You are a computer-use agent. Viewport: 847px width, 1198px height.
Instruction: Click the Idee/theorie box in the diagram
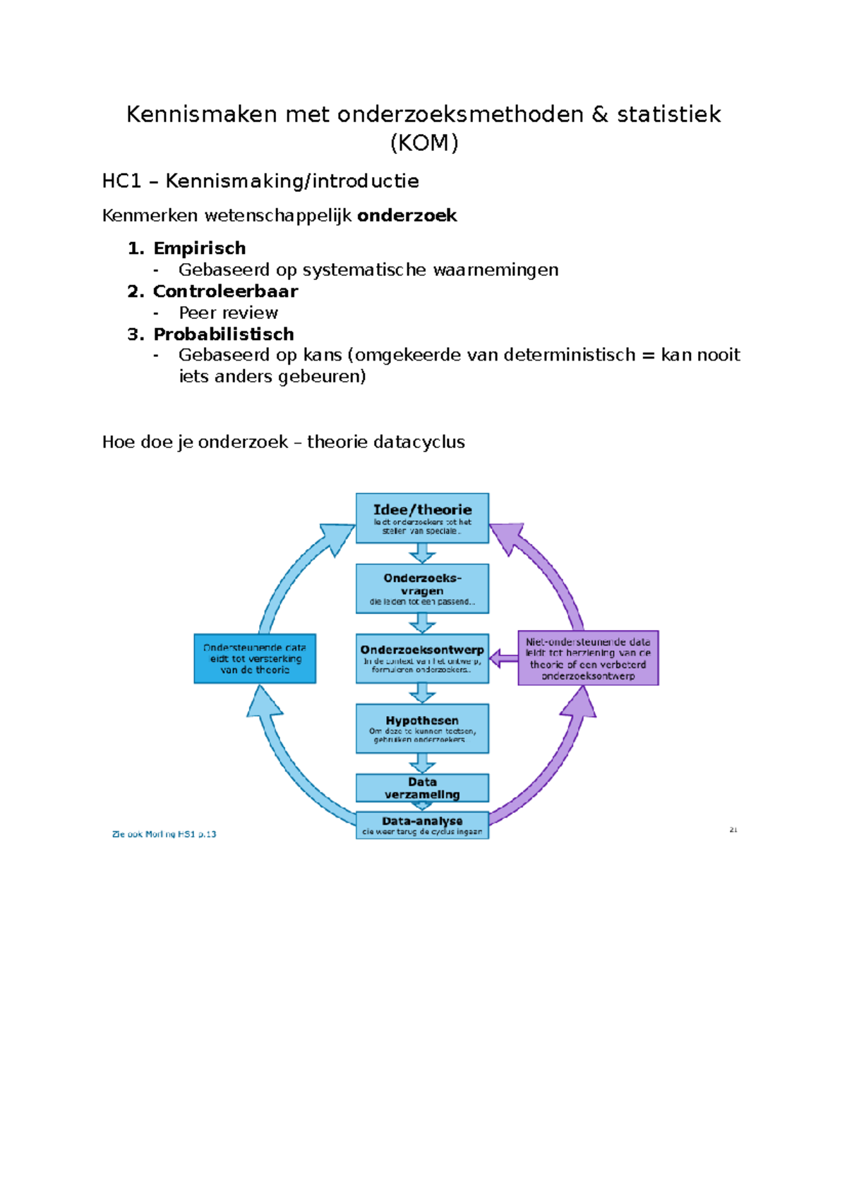422,518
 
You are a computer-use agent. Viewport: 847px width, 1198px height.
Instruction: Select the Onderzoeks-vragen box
422,588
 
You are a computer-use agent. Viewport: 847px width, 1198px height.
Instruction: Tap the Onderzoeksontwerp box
422,658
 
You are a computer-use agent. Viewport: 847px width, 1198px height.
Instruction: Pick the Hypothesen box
422,728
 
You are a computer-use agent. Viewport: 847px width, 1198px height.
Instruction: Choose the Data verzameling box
422,787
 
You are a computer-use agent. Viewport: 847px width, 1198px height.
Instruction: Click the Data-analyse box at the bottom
422,825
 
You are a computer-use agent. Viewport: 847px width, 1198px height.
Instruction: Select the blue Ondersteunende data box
255,658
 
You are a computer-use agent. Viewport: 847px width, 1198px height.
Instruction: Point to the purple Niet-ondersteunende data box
588,658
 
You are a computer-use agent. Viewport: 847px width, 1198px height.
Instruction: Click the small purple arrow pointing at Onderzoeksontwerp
503,659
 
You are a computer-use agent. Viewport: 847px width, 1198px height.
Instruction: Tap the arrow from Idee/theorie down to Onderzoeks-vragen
422,553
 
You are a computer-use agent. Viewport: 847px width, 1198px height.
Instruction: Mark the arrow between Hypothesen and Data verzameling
422,763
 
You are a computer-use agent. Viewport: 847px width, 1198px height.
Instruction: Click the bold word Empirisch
200,248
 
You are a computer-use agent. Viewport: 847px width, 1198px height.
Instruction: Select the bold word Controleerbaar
225,291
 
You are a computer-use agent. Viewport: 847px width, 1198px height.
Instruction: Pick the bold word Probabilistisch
224,334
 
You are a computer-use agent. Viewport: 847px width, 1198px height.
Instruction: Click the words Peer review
228,313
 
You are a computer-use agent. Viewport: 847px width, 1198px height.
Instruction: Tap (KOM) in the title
423,143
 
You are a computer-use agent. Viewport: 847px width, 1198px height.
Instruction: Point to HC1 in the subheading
121,181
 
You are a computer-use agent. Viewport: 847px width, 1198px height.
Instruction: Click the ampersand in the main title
600,114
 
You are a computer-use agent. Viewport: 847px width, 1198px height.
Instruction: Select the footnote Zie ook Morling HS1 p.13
164,834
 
